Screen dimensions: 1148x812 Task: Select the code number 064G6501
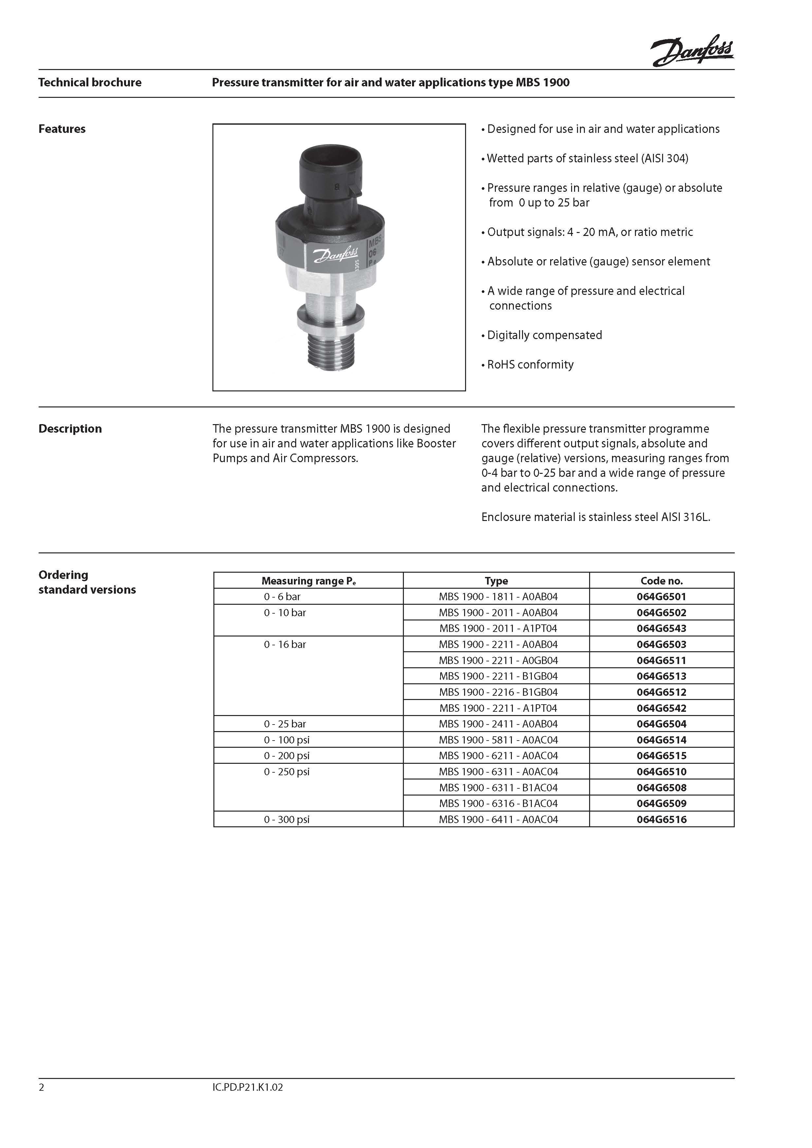661,597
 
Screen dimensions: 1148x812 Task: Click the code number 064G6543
661,629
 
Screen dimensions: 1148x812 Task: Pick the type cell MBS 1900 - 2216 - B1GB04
498,692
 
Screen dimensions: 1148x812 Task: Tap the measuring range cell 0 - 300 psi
286,819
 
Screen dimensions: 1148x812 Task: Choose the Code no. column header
661,581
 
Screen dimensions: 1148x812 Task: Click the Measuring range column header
309,581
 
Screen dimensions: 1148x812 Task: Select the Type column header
496,581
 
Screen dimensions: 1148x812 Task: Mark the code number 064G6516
661,819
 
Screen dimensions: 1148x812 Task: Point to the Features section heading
62,129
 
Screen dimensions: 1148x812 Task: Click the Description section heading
70,428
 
